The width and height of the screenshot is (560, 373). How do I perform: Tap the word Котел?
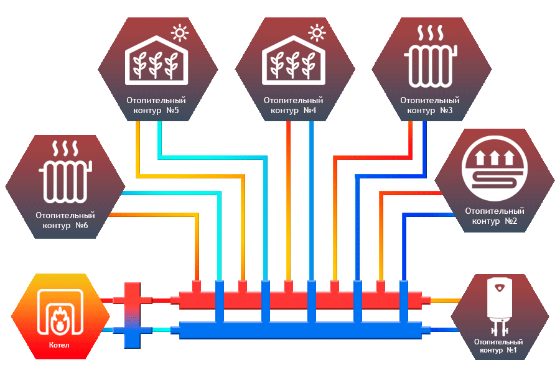pos(59,345)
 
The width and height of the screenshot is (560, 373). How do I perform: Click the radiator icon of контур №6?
pos(65,178)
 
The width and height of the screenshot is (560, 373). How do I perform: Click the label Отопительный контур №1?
pos(498,346)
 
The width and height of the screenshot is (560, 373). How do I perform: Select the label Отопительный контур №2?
pos(495,216)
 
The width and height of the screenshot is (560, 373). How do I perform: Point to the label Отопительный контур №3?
pos(429,105)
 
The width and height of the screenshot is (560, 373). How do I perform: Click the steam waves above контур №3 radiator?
pos(429,33)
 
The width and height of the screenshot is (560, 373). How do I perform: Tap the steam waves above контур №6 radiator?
pos(65,149)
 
